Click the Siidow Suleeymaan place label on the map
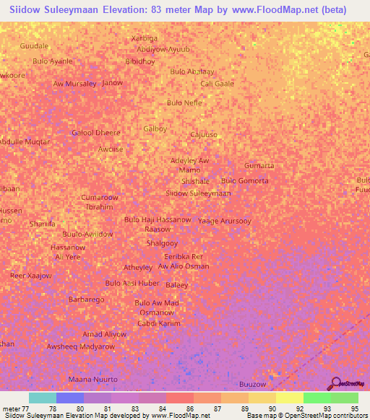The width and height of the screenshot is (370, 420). [198, 193]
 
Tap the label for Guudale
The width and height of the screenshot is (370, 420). [34, 45]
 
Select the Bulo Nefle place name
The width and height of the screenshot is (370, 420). [184, 102]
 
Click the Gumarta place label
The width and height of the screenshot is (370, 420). [259, 165]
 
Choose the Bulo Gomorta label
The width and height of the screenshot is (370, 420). [244, 180]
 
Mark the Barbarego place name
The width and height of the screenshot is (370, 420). [87, 299]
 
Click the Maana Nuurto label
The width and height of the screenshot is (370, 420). [92, 379]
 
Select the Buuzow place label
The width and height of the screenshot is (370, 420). [253, 385]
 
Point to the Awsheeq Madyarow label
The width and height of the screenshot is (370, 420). [80, 346]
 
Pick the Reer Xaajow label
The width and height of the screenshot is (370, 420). [30, 276]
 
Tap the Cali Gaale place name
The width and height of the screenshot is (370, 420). [217, 84]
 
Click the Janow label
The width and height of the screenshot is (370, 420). [112, 83]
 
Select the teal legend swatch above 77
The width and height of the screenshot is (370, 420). [43, 398]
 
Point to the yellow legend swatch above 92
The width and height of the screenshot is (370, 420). [289, 398]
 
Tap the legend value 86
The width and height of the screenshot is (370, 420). [189, 408]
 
